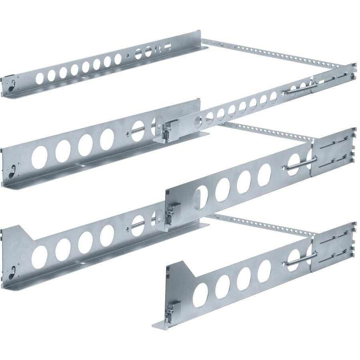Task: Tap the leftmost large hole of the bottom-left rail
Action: point(40,253)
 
